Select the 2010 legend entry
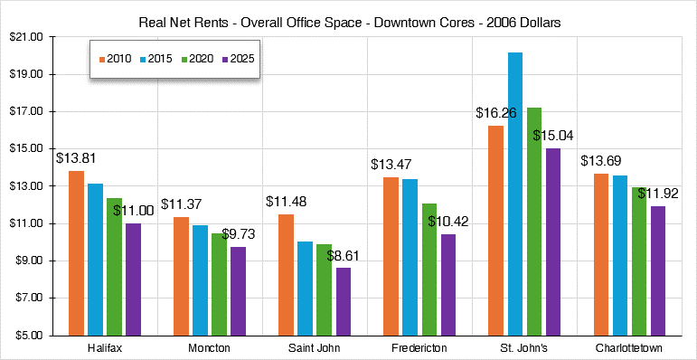115,59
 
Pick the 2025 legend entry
237,59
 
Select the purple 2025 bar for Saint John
343,301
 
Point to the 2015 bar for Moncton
198,279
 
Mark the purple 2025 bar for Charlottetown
659,270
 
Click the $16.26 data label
495,114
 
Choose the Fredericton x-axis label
416,348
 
